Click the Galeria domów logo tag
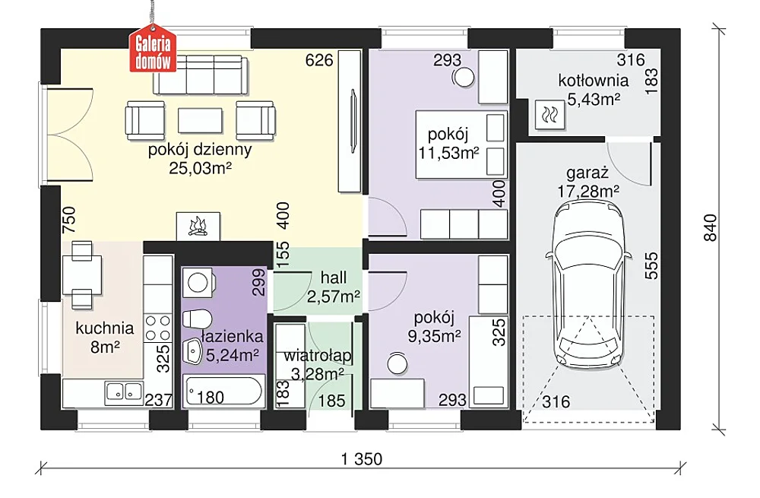(153, 53)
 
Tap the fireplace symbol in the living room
(198, 227)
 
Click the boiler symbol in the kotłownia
(550, 115)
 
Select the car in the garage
(588, 284)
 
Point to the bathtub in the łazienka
(223, 391)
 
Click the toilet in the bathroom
(197, 319)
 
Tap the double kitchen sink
(124, 392)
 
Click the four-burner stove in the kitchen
(158, 328)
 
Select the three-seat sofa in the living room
(200, 75)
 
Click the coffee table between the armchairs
(200, 120)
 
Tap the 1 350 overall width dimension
(362, 458)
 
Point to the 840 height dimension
(709, 228)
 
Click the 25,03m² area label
(200, 168)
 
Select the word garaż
(587, 173)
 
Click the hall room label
(334, 278)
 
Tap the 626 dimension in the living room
(319, 60)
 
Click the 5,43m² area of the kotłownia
(594, 100)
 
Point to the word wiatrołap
(318, 356)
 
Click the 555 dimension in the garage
(651, 265)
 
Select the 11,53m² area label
(449, 154)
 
